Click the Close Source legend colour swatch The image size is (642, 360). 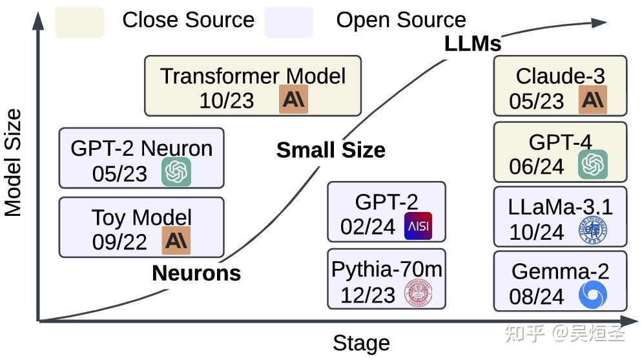tap(79, 22)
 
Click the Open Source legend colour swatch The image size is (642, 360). tap(288, 22)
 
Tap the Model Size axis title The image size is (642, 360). tap(14, 162)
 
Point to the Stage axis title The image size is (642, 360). tap(361, 343)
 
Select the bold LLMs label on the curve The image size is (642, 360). tap(473, 43)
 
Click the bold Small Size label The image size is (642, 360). tap(331, 150)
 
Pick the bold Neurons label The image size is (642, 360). tap(196, 273)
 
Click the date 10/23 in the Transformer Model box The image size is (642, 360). tap(227, 101)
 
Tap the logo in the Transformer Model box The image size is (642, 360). tap(295, 101)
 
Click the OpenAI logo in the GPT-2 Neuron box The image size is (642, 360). tap(176, 172)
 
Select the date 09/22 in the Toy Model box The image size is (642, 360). tap(120, 242)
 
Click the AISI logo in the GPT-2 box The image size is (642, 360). tap(417, 226)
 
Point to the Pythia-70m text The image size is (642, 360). tap(386, 270)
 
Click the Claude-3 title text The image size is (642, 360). tap(560, 76)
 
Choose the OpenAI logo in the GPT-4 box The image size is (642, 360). tap(592, 164)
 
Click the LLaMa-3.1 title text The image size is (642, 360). tap(560, 207)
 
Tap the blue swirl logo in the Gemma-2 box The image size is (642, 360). tap(592, 296)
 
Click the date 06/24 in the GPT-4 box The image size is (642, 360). tap(537, 167)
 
